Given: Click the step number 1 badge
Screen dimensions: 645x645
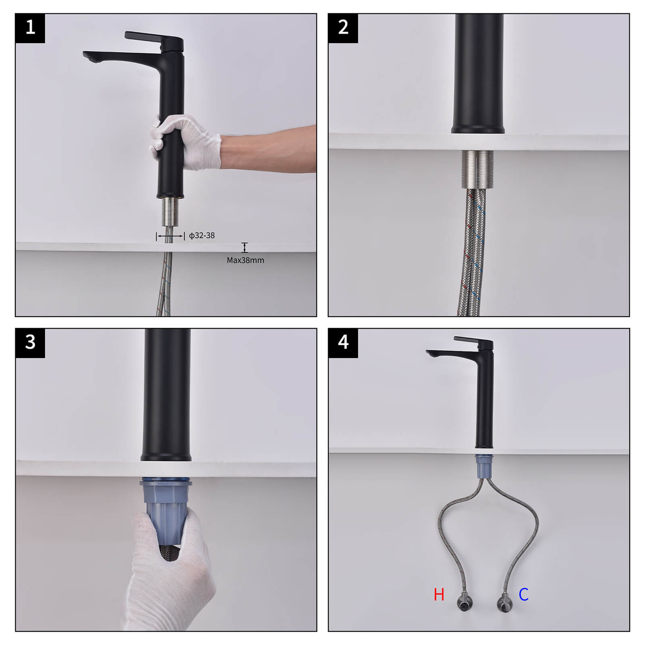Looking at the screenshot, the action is coord(30,28).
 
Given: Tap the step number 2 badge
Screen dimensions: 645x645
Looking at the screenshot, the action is coord(343,28).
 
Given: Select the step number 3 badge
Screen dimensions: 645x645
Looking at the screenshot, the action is coord(30,343).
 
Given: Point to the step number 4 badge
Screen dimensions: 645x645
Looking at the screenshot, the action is coord(343,343).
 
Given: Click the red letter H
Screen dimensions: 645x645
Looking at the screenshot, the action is coord(439,595).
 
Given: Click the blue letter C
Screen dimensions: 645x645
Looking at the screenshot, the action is coord(523,595).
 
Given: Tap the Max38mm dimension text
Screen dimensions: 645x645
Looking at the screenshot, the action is coord(245,260).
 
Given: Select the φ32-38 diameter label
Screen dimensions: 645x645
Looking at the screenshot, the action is coord(202,235).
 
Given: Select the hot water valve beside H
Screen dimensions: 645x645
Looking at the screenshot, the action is coord(462,603).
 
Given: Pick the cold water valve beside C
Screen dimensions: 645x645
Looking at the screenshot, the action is coord(504,603).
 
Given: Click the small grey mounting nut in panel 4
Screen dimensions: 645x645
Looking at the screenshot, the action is coord(484,467).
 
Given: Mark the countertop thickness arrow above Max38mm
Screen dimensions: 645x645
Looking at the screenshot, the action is coord(244,248).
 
